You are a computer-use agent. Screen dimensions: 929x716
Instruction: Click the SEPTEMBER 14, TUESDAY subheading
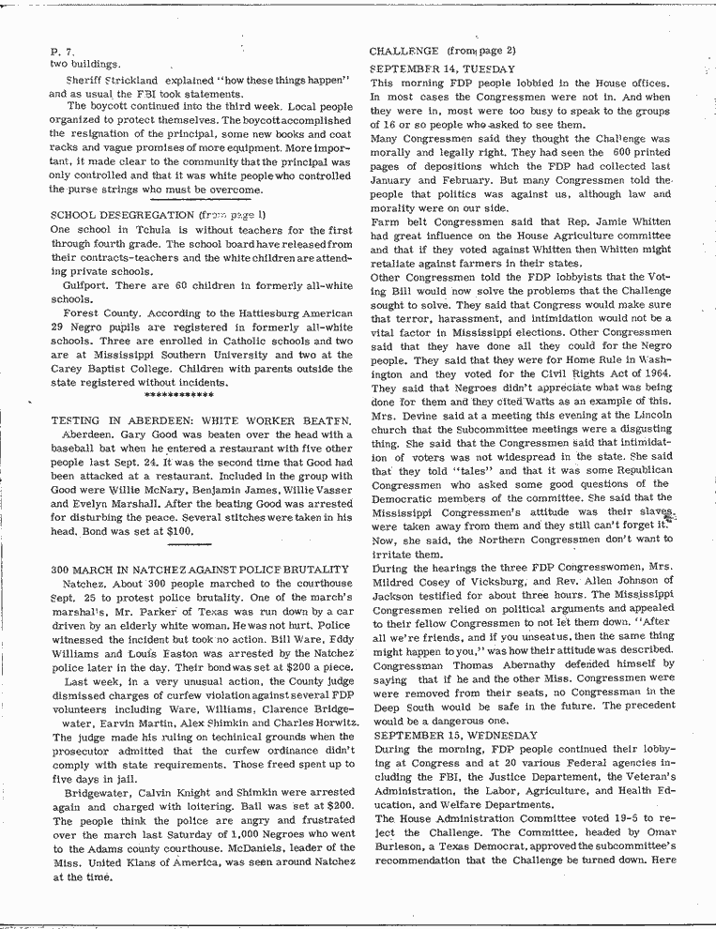pos(442,69)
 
